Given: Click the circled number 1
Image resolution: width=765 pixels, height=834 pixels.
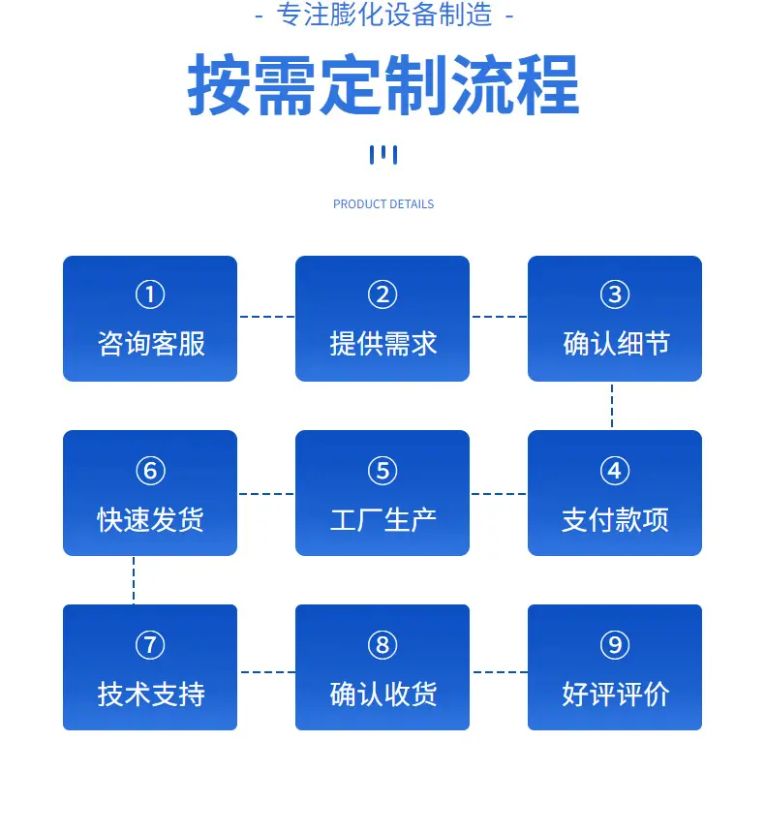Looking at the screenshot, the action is click(150, 294).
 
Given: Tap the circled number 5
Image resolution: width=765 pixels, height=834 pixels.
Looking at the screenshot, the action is click(382, 471).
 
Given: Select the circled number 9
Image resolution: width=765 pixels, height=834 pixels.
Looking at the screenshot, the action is click(615, 645).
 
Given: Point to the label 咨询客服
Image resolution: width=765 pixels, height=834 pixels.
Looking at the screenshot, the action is click(151, 343).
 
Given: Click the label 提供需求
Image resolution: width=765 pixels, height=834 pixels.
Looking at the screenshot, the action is click(383, 343).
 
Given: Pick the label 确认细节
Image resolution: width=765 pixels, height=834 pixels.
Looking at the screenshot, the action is click(616, 343).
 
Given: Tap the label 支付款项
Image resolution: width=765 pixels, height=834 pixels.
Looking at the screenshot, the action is click(615, 519).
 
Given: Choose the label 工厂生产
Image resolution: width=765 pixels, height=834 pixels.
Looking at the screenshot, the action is click(383, 519).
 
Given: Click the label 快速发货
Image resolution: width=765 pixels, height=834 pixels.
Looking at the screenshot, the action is click(150, 519).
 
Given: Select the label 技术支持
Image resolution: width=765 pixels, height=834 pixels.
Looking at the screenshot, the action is click(151, 695).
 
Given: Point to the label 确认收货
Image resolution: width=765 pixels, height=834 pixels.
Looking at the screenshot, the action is click(383, 695).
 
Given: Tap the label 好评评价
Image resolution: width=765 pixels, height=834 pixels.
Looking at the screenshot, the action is click(616, 695).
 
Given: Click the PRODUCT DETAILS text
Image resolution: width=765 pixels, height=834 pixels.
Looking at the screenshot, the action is click(383, 204).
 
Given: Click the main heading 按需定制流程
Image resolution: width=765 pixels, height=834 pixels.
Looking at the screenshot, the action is click(383, 84).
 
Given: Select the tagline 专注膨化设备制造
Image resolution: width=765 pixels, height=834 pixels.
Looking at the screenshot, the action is click(383, 15).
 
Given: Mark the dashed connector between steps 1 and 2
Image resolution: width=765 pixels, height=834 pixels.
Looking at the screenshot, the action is click(266, 317).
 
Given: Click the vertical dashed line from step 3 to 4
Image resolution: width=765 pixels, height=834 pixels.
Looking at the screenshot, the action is click(612, 405).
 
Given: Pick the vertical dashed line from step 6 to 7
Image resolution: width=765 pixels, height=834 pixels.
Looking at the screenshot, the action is click(134, 580).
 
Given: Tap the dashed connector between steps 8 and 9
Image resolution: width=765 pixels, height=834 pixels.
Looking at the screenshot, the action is click(500, 672).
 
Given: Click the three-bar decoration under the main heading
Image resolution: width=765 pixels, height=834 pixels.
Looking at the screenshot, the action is click(383, 155).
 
